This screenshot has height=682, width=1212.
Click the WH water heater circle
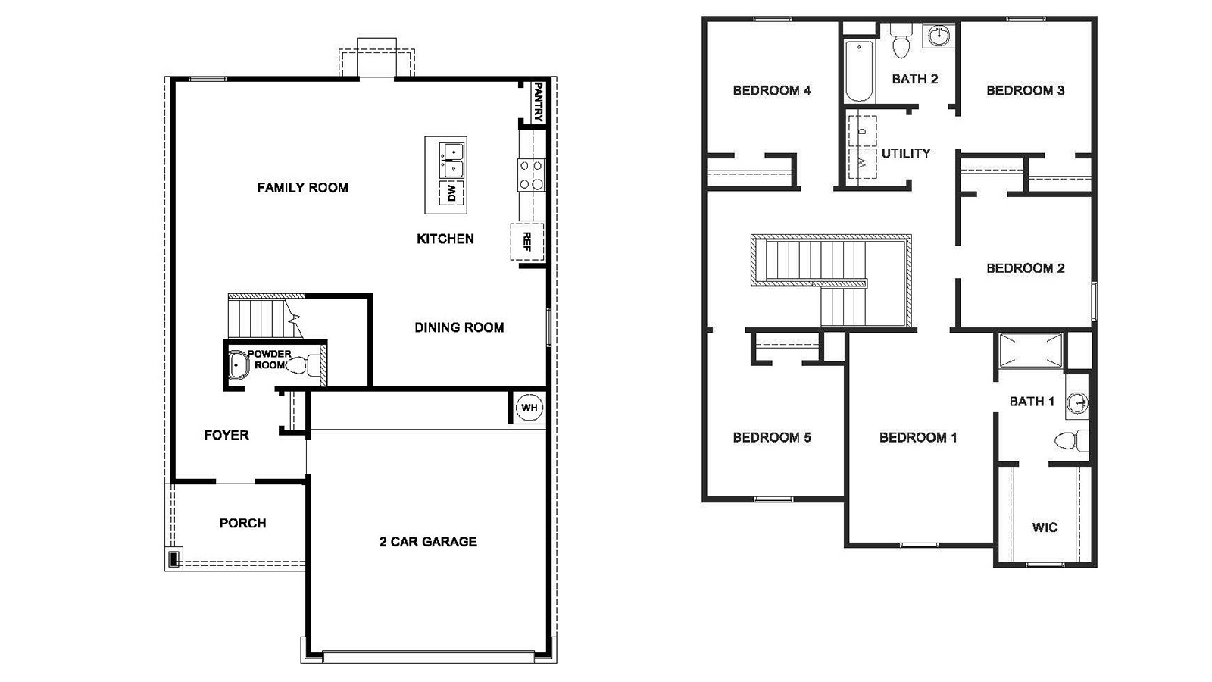[x=529, y=408]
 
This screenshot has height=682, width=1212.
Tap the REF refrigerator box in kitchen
[x=527, y=242]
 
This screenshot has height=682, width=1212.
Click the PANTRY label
[x=538, y=102]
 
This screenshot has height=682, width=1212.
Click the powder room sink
[x=239, y=365]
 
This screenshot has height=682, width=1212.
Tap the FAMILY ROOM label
[x=302, y=187]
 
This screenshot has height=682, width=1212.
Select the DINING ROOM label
[x=459, y=327]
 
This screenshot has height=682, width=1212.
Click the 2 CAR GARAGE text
[x=428, y=541]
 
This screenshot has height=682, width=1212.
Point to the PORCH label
[x=242, y=523]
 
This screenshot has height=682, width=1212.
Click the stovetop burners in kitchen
[x=530, y=174]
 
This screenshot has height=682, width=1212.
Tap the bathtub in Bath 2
[x=859, y=72]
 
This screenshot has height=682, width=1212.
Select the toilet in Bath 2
[x=901, y=43]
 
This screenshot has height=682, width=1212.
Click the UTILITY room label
[x=905, y=153]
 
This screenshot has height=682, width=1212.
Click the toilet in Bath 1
[x=1069, y=440]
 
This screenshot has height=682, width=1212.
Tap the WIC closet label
[x=1045, y=527]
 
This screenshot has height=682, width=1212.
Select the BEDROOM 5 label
[x=772, y=437]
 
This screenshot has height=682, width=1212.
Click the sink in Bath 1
[x=1076, y=403]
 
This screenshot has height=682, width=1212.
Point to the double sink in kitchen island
[x=452, y=160]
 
